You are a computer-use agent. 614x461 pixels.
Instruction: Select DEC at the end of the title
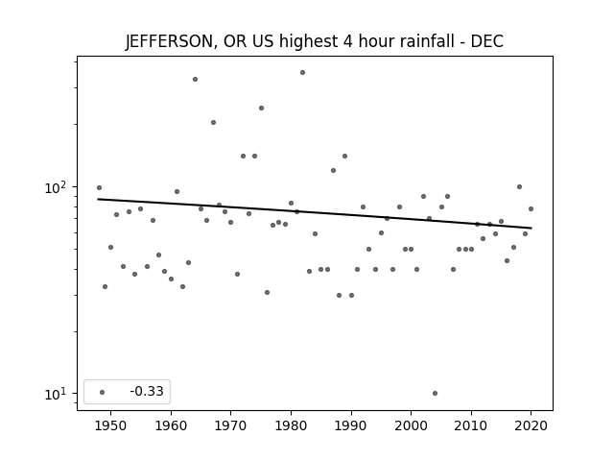click(487, 41)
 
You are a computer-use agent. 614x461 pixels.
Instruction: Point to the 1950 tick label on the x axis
click(111, 425)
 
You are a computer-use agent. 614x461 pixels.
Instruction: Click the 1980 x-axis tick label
click(291, 425)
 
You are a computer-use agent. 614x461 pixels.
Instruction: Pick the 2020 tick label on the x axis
click(531, 425)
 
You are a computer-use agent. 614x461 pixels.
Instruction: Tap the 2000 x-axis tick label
click(411, 425)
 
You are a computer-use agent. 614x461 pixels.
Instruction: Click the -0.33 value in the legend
click(147, 391)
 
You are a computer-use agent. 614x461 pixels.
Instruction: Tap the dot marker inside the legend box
click(103, 392)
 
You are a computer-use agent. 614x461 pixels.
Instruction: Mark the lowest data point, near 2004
click(435, 393)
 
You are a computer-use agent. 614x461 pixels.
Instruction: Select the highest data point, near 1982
click(303, 73)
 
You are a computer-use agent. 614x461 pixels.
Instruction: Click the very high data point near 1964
click(195, 79)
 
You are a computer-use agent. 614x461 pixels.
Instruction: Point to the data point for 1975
click(261, 109)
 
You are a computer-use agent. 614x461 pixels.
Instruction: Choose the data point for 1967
click(213, 122)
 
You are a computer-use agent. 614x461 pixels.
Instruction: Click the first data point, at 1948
click(99, 188)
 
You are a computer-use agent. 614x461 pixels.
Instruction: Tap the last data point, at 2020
click(531, 209)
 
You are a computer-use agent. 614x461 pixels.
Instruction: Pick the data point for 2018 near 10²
click(519, 187)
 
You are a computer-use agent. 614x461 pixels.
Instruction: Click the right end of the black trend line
click(531, 228)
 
